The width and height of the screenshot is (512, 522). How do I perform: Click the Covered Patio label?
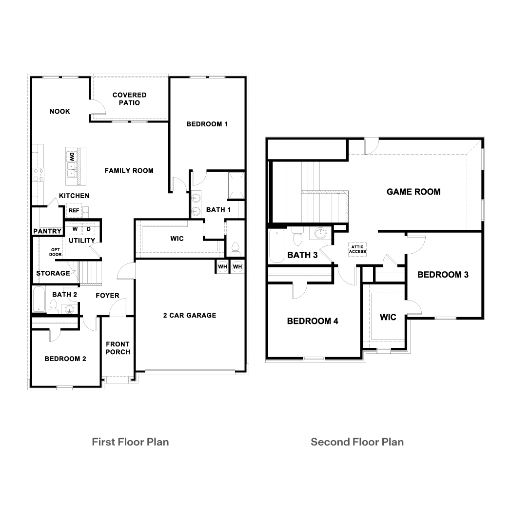[x=129, y=99]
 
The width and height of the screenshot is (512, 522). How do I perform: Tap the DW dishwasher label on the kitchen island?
[x=71, y=157]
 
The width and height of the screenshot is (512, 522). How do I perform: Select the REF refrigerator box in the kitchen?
[x=74, y=211]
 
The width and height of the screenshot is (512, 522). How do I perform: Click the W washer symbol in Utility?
[x=75, y=229]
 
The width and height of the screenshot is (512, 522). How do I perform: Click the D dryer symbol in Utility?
[x=89, y=229]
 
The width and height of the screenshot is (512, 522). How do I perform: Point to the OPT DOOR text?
[x=55, y=252]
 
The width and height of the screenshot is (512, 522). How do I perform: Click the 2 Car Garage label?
[x=189, y=315]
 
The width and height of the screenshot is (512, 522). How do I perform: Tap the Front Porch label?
[x=118, y=348]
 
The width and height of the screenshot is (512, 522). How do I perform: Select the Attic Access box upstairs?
[x=357, y=249]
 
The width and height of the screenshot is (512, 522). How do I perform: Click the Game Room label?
[x=413, y=192]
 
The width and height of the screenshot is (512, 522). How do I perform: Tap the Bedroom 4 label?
[x=313, y=321]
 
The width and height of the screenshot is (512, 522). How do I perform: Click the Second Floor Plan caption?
[x=357, y=442]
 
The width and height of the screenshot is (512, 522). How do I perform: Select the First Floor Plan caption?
[x=130, y=442]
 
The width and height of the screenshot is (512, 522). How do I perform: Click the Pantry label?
[x=47, y=231]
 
